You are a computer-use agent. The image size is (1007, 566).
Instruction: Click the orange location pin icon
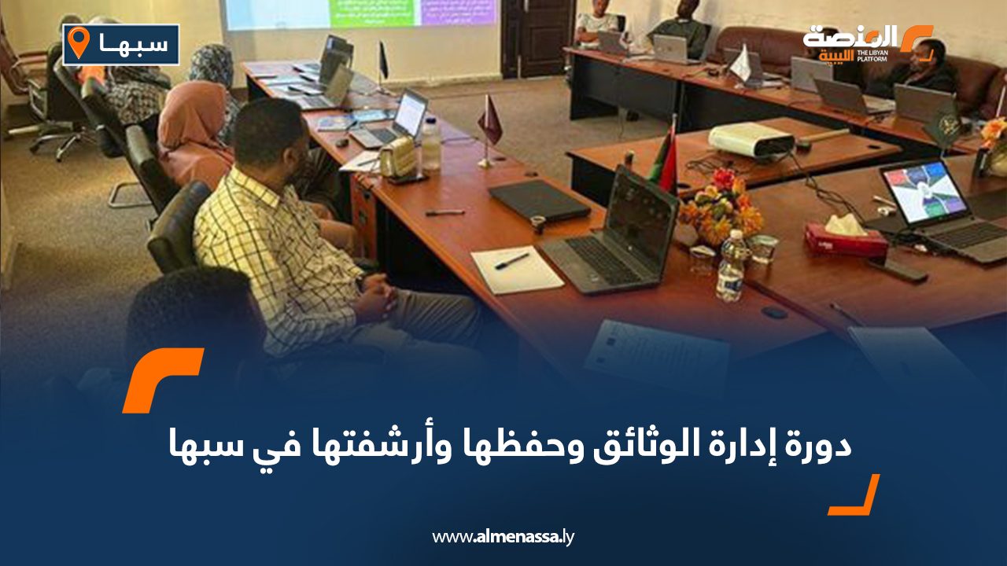tap(79, 42)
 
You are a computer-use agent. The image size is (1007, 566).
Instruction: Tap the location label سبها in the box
tap(133, 45)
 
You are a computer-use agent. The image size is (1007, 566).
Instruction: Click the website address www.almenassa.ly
tap(503, 537)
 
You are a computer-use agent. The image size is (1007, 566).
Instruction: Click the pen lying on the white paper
tap(511, 260)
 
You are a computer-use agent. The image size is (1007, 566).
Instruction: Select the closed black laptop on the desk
tap(539, 200)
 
